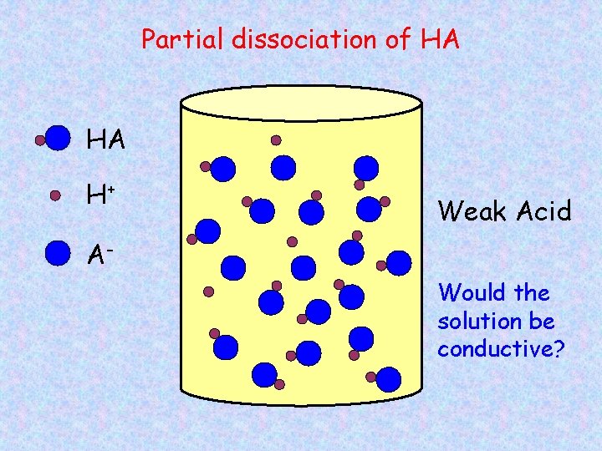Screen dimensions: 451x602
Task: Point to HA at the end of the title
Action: [x=440, y=39]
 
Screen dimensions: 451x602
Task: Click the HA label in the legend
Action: [x=106, y=141]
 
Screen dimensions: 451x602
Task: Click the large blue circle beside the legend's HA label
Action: [x=58, y=139]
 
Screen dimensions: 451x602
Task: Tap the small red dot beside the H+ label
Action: [x=55, y=195]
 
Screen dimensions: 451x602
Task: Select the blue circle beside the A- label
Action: [x=57, y=252]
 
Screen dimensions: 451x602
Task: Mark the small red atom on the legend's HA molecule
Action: [x=39, y=141]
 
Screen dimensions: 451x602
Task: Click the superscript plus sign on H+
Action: [x=112, y=189]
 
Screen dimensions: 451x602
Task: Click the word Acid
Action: [x=543, y=211]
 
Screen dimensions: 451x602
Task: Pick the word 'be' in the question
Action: [x=542, y=322]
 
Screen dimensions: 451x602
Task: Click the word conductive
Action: [x=496, y=349]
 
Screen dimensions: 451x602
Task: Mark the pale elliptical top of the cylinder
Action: [x=302, y=104]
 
